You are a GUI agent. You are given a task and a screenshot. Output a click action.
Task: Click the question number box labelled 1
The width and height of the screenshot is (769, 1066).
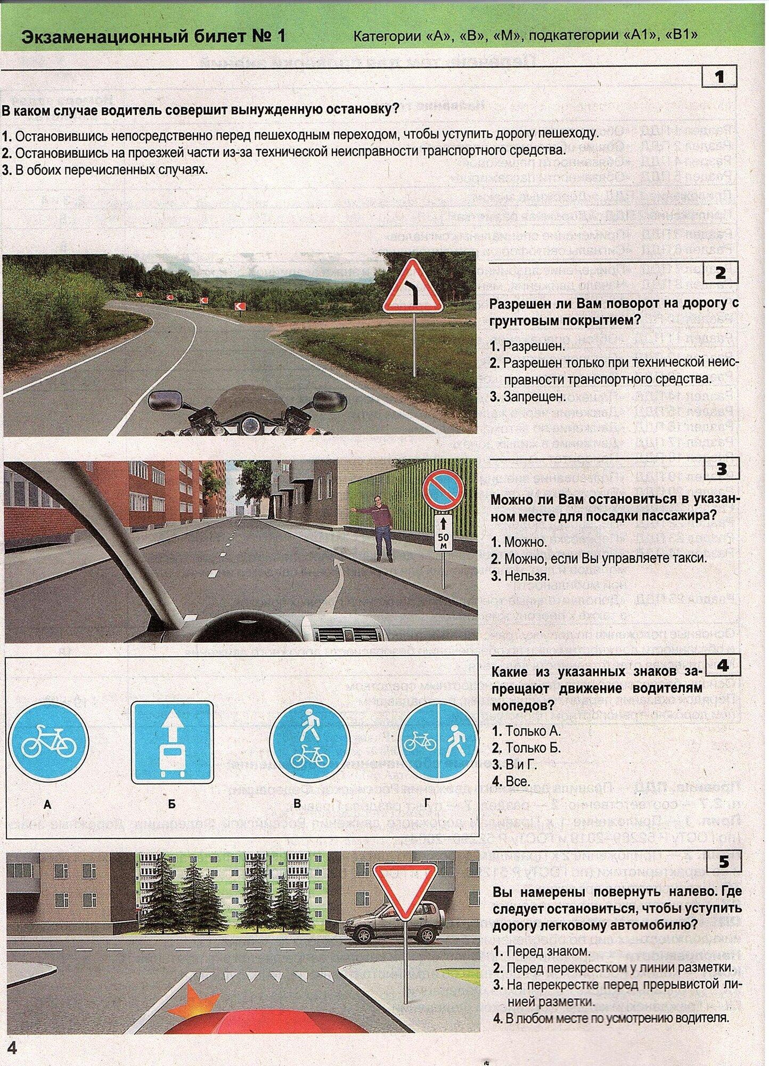pos(719,77)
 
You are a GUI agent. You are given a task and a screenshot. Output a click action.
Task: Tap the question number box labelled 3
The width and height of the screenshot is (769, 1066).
pos(721,469)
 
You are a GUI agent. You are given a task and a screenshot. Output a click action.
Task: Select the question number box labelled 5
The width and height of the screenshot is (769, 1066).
pos(723,862)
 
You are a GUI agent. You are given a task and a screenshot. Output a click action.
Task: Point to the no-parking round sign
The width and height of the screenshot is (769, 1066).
pos(443,491)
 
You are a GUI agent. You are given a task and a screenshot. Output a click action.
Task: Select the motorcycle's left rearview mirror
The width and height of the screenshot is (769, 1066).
pos(165,398)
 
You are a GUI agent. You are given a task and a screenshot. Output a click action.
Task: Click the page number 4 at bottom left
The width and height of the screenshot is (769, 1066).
pos(11,1048)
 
